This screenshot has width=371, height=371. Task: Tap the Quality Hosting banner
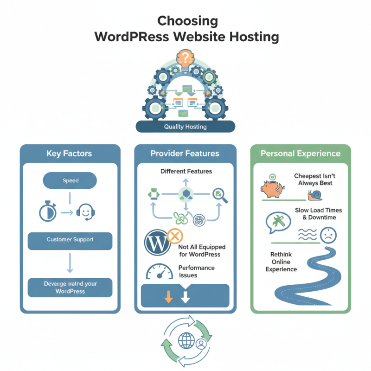click(x=185, y=127)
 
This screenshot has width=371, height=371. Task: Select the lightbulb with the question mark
click(x=185, y=60)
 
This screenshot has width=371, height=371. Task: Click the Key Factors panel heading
click(x=70, y=154)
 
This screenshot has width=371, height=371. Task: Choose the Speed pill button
click(x=70, y=180)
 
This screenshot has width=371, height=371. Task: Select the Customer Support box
click(x=70, y=240)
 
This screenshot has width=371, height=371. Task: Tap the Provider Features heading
click(x=185, y=154)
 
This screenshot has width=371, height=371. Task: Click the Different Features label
click(x=186, y=172)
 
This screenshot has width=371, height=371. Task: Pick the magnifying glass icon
click(x=219, y=195)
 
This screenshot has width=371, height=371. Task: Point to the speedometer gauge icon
click(x=159, y=272)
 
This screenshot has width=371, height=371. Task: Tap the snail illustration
click(x=316, y=195)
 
